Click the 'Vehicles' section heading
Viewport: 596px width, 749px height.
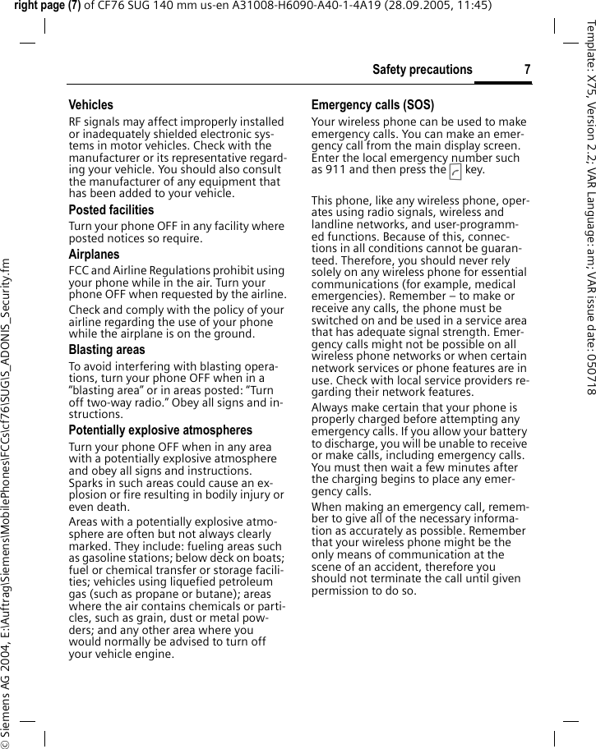pos(90,105)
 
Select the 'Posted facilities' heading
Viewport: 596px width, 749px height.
pos(111,210)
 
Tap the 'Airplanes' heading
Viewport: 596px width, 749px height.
pos(94,255)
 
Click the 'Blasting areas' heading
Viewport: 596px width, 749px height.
pos(107,350)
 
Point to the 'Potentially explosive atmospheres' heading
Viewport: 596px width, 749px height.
pos(160,430)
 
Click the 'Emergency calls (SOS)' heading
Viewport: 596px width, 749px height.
pos(372,105)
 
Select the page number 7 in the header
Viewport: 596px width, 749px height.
pos(527,70)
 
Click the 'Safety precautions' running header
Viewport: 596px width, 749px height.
pos(422,70)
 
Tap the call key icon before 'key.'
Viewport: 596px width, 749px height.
pos(455,171)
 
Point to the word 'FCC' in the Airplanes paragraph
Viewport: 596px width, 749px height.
pos(78,271)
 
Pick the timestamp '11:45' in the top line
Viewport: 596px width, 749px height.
pos(474,6)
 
